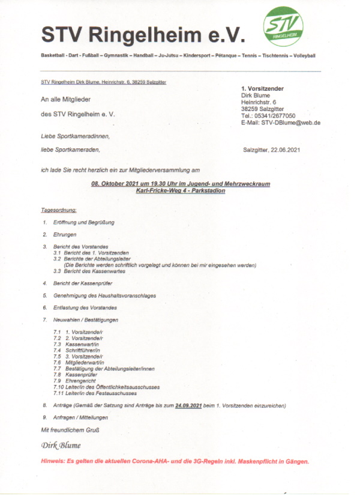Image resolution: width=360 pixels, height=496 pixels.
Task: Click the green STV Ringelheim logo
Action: click(x=283, y=27)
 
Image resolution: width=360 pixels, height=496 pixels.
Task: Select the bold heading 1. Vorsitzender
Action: click(x=262, y=89)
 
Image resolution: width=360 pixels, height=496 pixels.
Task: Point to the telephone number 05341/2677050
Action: click(x=274, y=115)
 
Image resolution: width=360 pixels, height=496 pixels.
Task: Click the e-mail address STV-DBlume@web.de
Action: click(x=290, y=122)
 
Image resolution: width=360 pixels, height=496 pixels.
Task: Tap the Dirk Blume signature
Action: click(x=61, y=446)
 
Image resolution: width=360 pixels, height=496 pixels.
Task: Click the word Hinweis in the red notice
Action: click(x=54, y=462)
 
